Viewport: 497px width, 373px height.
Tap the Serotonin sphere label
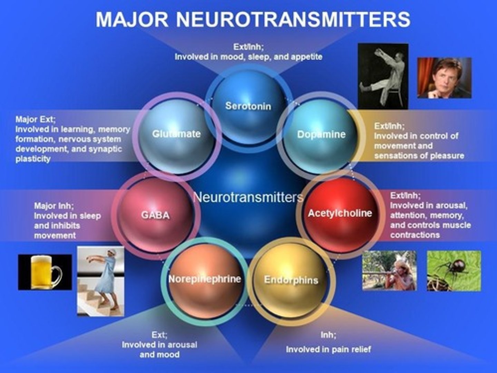[248, 106]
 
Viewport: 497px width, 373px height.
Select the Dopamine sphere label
[321, 134]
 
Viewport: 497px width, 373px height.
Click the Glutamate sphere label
[176, 134]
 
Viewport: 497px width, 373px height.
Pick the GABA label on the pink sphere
[155, 215]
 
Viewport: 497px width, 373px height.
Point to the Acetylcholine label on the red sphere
[340, 213]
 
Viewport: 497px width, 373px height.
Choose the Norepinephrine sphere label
[205, 279]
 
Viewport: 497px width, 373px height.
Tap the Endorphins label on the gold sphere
[291, 280]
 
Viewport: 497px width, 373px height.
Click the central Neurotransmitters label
[248, 197]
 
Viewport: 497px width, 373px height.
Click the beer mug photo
[45, 272]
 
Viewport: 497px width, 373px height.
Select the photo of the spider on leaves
[454, 271]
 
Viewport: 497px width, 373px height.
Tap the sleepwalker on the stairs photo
[100, 281]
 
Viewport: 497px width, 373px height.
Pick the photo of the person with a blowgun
[389, 270]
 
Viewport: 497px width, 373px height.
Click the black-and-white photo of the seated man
[383, 76]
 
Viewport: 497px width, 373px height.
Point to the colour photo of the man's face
[444, 78]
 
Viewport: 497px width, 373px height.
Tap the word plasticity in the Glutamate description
[33, 159]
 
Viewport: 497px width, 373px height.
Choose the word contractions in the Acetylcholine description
[415, 235]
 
